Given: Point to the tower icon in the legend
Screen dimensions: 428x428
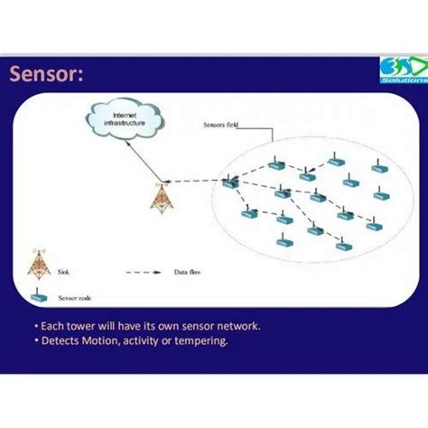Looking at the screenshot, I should [x=38, y=261].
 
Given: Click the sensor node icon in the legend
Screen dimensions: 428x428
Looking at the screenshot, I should [x=38, y=295].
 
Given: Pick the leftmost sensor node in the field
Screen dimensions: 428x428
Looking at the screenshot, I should [x=230, y=183].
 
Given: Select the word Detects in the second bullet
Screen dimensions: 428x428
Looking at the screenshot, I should [x=66, y=341].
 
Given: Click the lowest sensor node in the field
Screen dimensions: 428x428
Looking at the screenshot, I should [x=343, y=245].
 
